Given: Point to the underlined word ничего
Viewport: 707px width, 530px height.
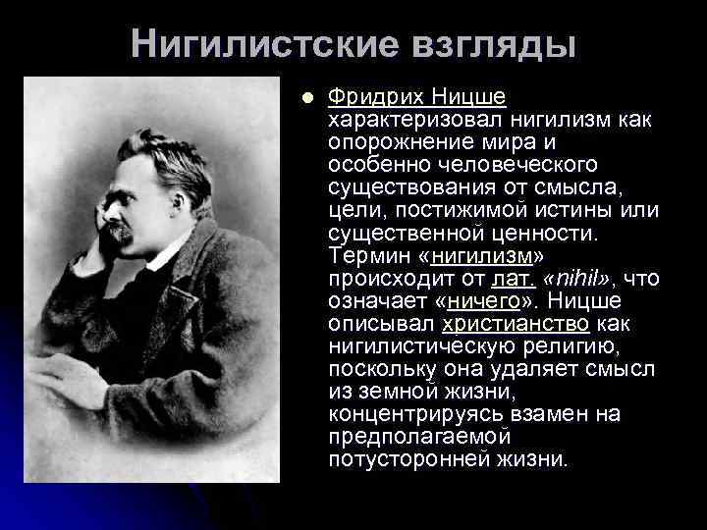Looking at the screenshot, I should tap(482, 300).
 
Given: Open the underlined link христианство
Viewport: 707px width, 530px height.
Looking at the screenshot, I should tap(516, 323).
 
